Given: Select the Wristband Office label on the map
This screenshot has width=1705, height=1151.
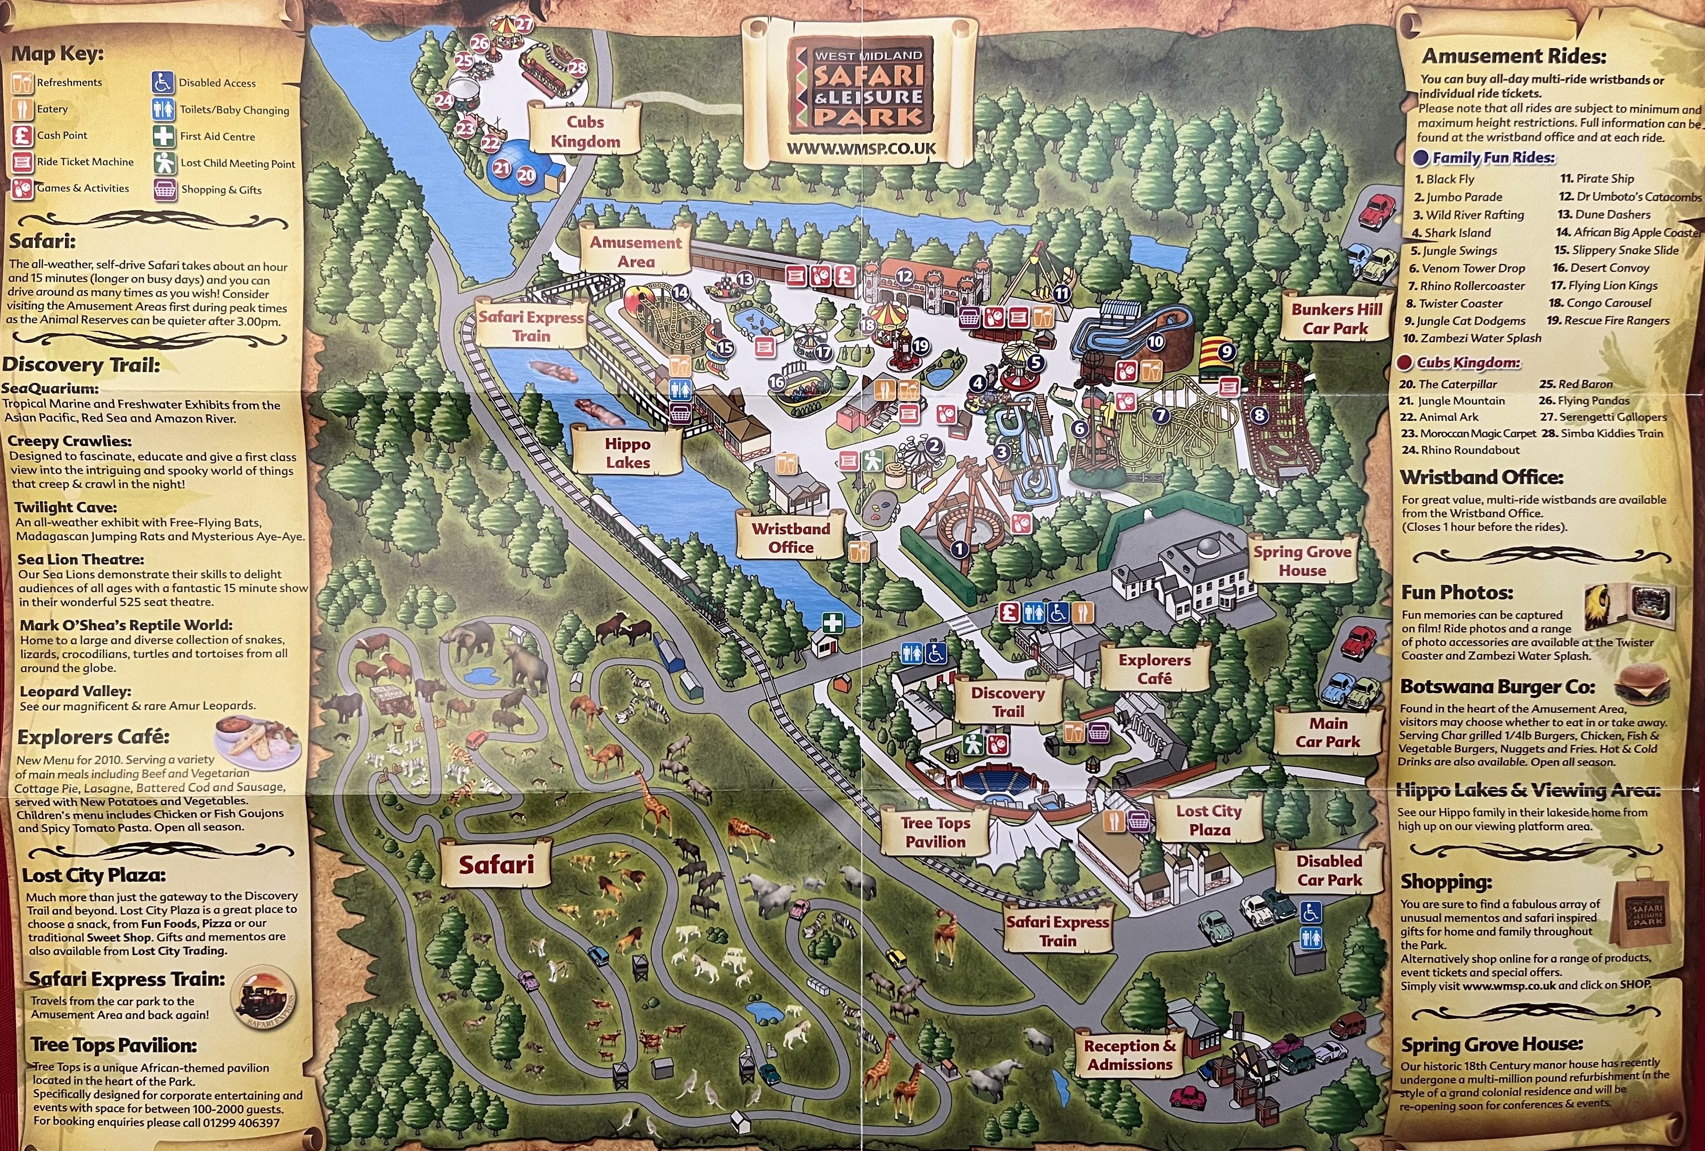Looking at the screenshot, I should (x=790, y=538).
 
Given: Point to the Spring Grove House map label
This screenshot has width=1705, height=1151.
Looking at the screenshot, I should (x=1302, y=561).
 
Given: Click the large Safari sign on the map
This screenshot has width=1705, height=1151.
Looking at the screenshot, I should (x=496, y=864).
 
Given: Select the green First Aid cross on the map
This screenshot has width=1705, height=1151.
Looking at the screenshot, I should (x=832, y=623).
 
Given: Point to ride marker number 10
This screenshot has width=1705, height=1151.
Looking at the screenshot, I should (x=1156, y=341).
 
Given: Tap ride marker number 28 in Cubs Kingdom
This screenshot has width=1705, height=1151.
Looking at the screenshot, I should (x=578, y=68).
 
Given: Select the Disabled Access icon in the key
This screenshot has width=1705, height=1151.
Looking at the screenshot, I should (x=163, y=82).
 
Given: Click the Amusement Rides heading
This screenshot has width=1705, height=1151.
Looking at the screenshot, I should (x=1514, y=56).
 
